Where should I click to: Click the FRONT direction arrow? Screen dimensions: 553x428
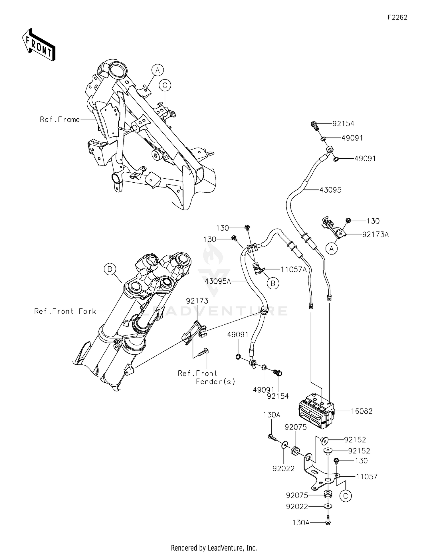pos(38,45)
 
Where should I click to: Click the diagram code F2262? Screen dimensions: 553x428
pos(397,17)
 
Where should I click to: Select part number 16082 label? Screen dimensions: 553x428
pos(362,411)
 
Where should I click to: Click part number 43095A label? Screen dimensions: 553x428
pos(218,281)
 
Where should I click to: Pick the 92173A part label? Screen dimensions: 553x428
pos(375,235)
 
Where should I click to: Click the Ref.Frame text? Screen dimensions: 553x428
pos(60,120)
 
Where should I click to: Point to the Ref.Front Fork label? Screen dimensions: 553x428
pos(65,311)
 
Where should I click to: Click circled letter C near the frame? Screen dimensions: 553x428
pos(165,85)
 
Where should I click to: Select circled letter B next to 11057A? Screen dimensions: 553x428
pos(273,283)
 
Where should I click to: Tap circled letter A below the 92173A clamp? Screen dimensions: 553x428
pos(332,249)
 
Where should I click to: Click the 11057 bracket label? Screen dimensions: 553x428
pos(367,476)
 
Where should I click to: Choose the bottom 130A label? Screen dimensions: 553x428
pos(301,522)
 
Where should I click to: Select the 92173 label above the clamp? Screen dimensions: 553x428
pos(197,301)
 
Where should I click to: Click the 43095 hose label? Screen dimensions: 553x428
pos(330,190)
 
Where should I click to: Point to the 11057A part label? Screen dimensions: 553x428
pos(293,269)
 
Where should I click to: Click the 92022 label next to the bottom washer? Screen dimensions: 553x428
pos(297,506)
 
